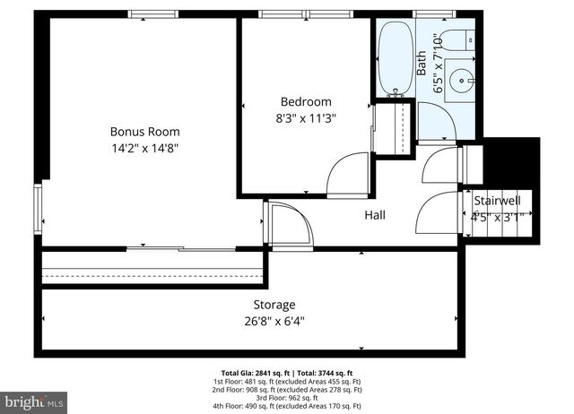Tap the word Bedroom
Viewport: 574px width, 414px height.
pyautogui.click(x=306, y=101)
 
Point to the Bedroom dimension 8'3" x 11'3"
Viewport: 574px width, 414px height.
pyautogui.click(x=306, y=117)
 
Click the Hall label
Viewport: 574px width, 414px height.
pyautogui.click(x=375, y=215)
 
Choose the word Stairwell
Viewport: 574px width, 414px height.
pyautogui.click(x=497, y=200)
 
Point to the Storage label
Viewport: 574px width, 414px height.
pyautogui.click(x=274, y=305)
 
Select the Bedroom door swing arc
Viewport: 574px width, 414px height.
pyautogui.click(x=348, y=175)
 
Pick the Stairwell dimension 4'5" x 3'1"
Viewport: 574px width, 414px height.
pyautogui.click(x=497, y=215)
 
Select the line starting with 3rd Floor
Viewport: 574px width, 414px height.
pyautogui.click(x=287, y=397)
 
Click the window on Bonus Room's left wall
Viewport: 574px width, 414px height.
pyautogui.click(x=38, y=206)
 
